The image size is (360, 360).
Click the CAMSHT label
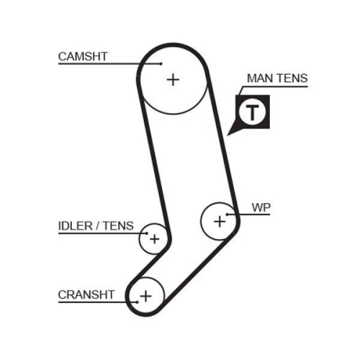(84, 56)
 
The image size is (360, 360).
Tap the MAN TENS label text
(276, 78)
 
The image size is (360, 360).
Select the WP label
(260, 207)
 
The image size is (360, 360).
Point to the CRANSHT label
(86, 294)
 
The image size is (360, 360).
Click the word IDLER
(76, 225)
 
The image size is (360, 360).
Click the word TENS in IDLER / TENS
(119, 225)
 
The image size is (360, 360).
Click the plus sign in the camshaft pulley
(172, 79)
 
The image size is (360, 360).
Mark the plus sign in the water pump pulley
(220, 222)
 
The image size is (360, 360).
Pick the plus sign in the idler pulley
(153, 238)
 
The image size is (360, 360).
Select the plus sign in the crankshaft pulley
(146, 295)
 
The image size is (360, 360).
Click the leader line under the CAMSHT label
(108, 64)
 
